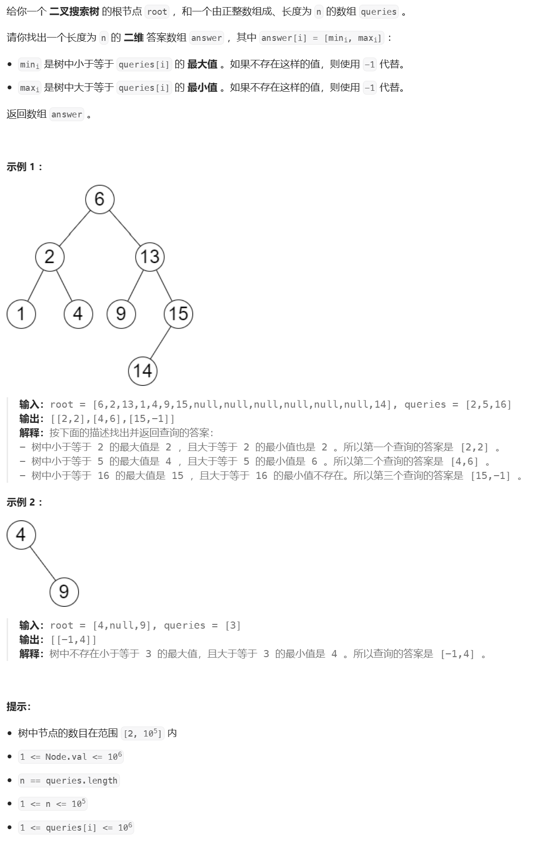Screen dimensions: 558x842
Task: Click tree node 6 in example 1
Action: [x=100, y=199]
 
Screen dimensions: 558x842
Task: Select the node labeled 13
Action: [x=150, y=257]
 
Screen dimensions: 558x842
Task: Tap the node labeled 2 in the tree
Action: [x=50, y=257]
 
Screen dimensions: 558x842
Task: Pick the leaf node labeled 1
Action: [x=21, y=314]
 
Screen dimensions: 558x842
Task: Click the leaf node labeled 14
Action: [x=143, y=371]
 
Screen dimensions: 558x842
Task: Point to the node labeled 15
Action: [x=178, y=314]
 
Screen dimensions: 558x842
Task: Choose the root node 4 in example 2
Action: [x=21, y=535]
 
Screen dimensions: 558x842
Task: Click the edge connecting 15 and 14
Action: [x=160, y=343]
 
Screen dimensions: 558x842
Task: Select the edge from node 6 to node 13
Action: [x=125, y=228]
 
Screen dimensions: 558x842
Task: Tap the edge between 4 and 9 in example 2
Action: [x=43, y=564]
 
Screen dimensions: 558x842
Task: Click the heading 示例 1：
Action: [x=25, y=167]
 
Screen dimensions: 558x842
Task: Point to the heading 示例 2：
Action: [x=25, y=502]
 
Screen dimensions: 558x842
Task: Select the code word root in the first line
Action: [x=157, y=12]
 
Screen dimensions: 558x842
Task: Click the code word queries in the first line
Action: [x=378, y=12]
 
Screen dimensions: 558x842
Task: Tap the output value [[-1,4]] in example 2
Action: [x=74, y=640]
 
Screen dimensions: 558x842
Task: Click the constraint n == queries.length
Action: [x=69, y=781]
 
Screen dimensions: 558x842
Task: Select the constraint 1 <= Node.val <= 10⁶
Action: [x=70, y=757]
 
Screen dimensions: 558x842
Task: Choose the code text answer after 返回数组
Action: [x=67, y=115]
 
